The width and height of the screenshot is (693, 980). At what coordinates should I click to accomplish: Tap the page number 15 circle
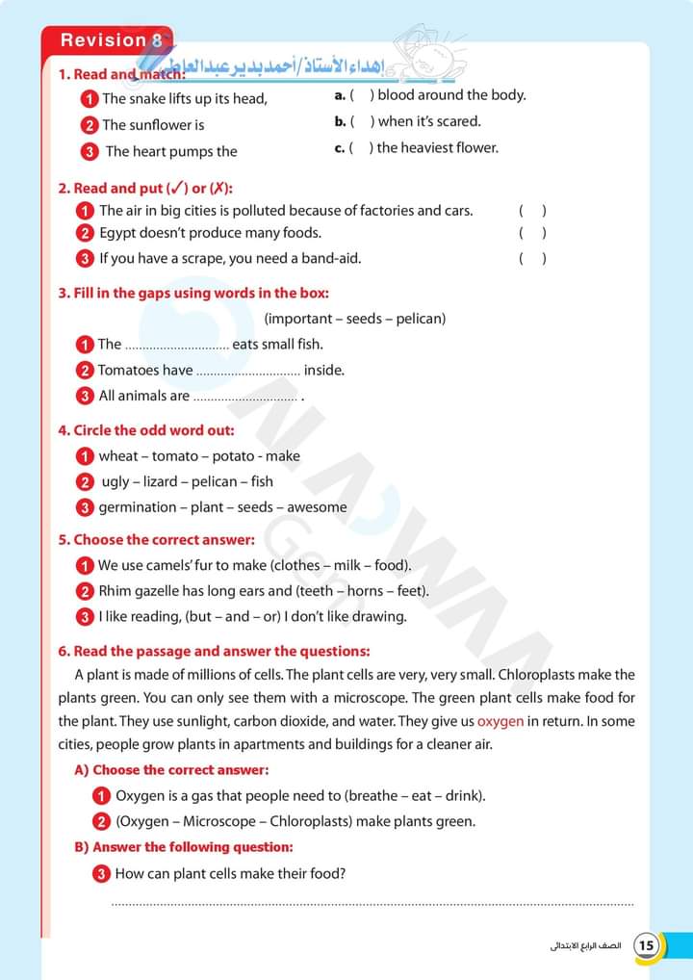(x=647, y=945)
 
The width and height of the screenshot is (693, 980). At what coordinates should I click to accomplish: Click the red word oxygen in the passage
(x=501, y=721)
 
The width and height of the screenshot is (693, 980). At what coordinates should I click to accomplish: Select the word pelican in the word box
(x=418, y=319)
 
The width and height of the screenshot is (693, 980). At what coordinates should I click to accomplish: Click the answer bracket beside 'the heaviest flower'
(x=362, y=148)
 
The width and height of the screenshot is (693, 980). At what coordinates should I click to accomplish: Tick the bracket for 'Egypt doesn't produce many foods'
(x=533, y=233)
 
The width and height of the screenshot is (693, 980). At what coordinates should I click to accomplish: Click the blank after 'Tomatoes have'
(x=248, y=371)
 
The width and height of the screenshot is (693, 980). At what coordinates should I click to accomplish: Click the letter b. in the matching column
(x=340, y=122)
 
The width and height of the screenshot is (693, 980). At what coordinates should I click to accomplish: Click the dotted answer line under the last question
(x=373, y=905)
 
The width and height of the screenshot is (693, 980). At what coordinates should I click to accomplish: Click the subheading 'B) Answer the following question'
(x=184, y=847)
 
